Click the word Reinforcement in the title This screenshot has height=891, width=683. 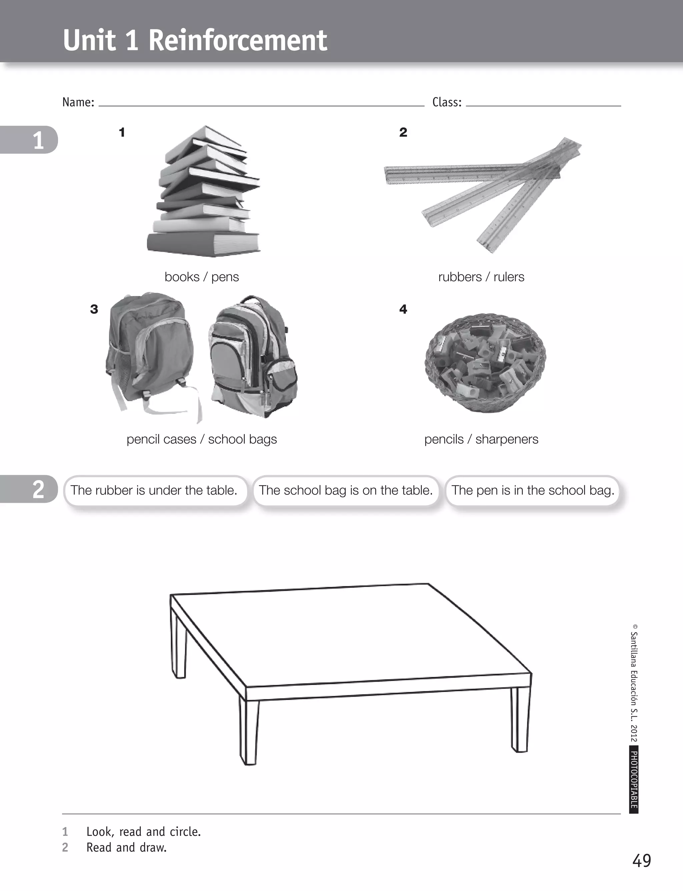pyautogui.click(x=237, y=41)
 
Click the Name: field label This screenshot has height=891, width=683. pyautogui.click(x=78, y=102)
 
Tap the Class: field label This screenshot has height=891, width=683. pyautogui.click(x=447, y=102)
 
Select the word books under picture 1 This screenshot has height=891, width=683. pyautogui.click(x=182, y=277)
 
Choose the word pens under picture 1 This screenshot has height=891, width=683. pyautogui.click(x=225, y=277)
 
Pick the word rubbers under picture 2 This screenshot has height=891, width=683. pyautogui.click(x=460, y=277)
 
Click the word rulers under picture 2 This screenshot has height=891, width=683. pyautogui.click(x=509, y=277)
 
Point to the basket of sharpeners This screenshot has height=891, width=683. pyautogui.click(x=485, y=362)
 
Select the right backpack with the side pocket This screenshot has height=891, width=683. pyautogui.click(x=252, y=358)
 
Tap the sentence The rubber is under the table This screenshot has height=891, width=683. pyautogui.click(x=154, y=490)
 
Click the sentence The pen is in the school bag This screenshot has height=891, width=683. pyautogui.click(x=533, y=490)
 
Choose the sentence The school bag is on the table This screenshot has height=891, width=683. pyautogui.click(x=346, y=490)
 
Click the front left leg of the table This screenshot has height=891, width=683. pyautogui.click(x=249, y=732)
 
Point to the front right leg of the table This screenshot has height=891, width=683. pyautogui.click(x=520, y=720)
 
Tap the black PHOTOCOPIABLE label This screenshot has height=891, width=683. pyautogui.click(x=633, y=779)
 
